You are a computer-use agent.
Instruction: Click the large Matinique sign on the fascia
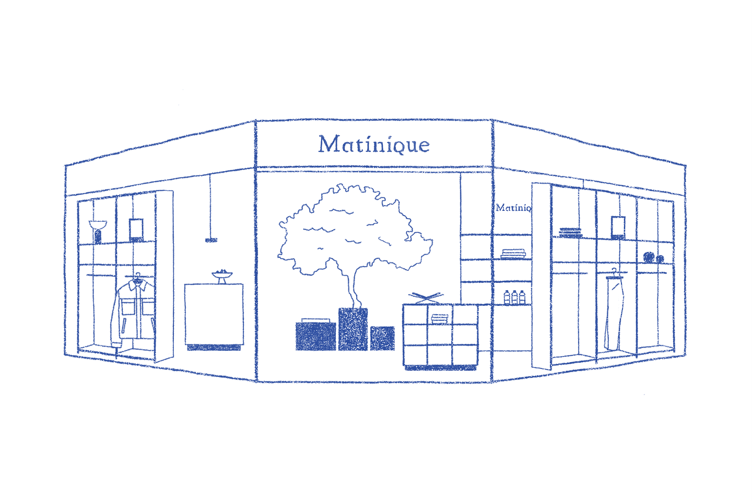[374, 145]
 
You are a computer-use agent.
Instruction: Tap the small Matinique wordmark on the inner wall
[514, 208]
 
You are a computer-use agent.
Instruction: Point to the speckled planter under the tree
[353, 329]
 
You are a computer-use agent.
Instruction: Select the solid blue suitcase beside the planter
[315, 336]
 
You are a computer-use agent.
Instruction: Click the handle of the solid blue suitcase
[315, 319]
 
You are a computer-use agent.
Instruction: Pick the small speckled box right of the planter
[383, 338]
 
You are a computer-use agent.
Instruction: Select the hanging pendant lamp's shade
[211, 240]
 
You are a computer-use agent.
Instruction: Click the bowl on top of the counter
[221, 274]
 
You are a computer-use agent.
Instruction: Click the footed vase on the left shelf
[98, 231]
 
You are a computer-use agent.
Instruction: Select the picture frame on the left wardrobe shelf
[136, 228]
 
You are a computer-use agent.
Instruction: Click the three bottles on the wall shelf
[514, 296]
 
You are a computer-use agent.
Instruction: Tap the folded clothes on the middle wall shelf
[513, 254]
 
